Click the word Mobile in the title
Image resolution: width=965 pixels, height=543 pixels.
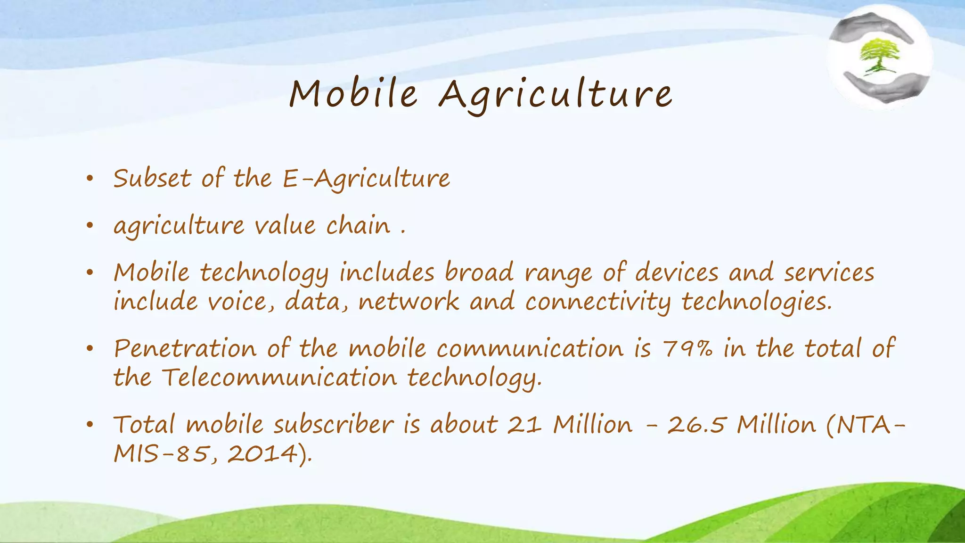click(x=353, y=93)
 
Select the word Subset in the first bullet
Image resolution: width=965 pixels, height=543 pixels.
click(x=152, y=179)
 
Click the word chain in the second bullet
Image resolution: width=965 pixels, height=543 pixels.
click(x=358, y=225)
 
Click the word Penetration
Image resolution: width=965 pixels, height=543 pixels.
click(x=185, y=349)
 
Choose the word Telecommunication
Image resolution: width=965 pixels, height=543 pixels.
click(x=279, y=378)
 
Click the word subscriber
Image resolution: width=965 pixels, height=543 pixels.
click(x=334, y=424)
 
